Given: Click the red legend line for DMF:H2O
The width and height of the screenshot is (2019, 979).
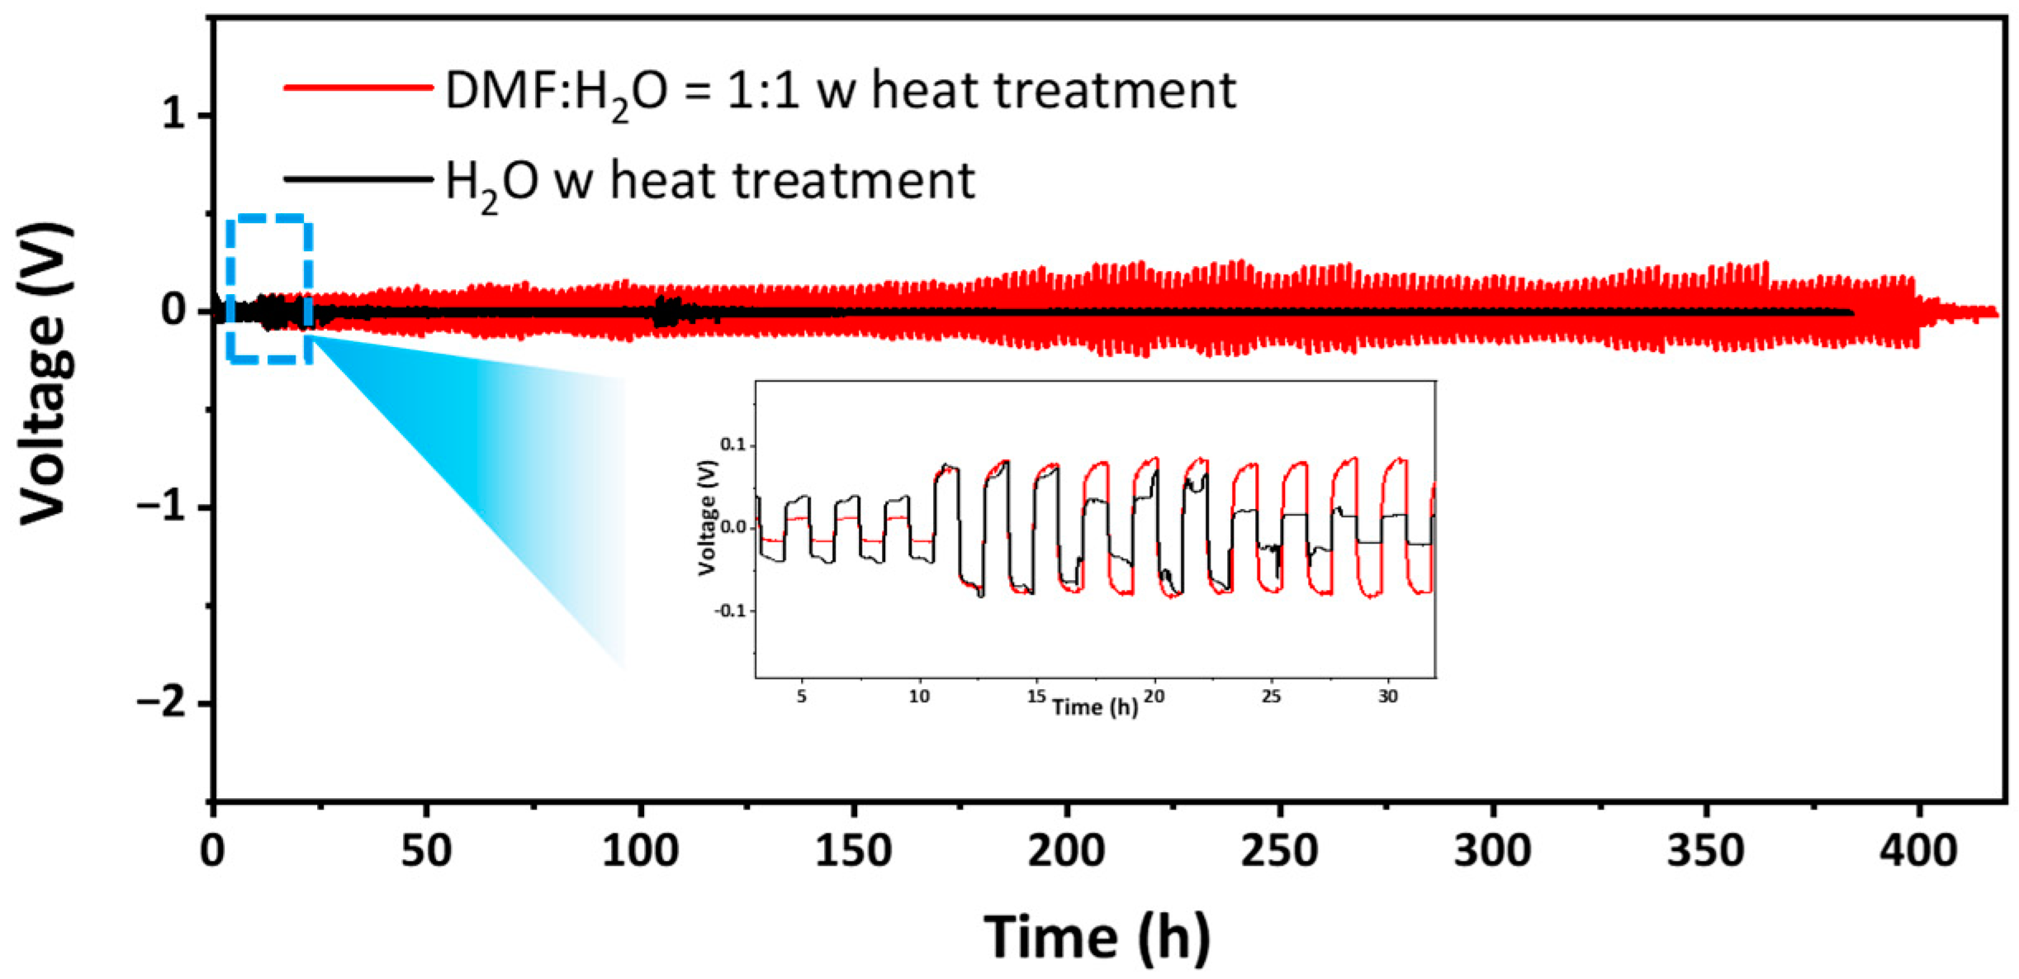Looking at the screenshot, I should pyautogui.click(x=358, y=88).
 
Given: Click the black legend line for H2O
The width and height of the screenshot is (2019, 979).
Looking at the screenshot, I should pyautogui.click(x=358, y=178).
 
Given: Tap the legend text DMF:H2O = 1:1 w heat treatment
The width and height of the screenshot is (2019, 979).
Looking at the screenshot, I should pyautogui.click(x=839, y=91).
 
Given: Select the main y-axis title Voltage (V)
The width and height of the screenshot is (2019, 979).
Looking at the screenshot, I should pyautogui.click(x=45, y=373).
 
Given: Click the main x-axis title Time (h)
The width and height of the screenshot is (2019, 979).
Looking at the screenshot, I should pyautogui.click(x=1097, y=937).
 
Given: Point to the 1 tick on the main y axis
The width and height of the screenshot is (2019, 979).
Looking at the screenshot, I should pyautogui.click(x=174, y=115).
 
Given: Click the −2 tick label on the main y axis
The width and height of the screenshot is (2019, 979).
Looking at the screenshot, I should pyautogui.click(x=162, y=704).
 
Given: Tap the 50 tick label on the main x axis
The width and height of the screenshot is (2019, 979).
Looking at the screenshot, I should pyautogui.click(x=426, y=849).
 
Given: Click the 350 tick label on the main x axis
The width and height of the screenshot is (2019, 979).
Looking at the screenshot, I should pyautogui.click(x=1706, y=849).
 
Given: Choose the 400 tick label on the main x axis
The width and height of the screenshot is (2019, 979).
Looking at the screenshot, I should pyautogui.click(x=1918, y=849).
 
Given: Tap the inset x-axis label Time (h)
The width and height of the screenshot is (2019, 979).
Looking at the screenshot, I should pyautogui.click(x=1095, y=707).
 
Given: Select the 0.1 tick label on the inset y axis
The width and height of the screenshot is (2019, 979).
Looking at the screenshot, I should pyautogui.click(x=732, y=445).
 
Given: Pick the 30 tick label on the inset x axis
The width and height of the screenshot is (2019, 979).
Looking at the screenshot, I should pyautogui.click(x=1388, y=696).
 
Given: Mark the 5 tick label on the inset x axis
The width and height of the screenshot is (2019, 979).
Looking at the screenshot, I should pyautogui.click(x=801, y=696).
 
